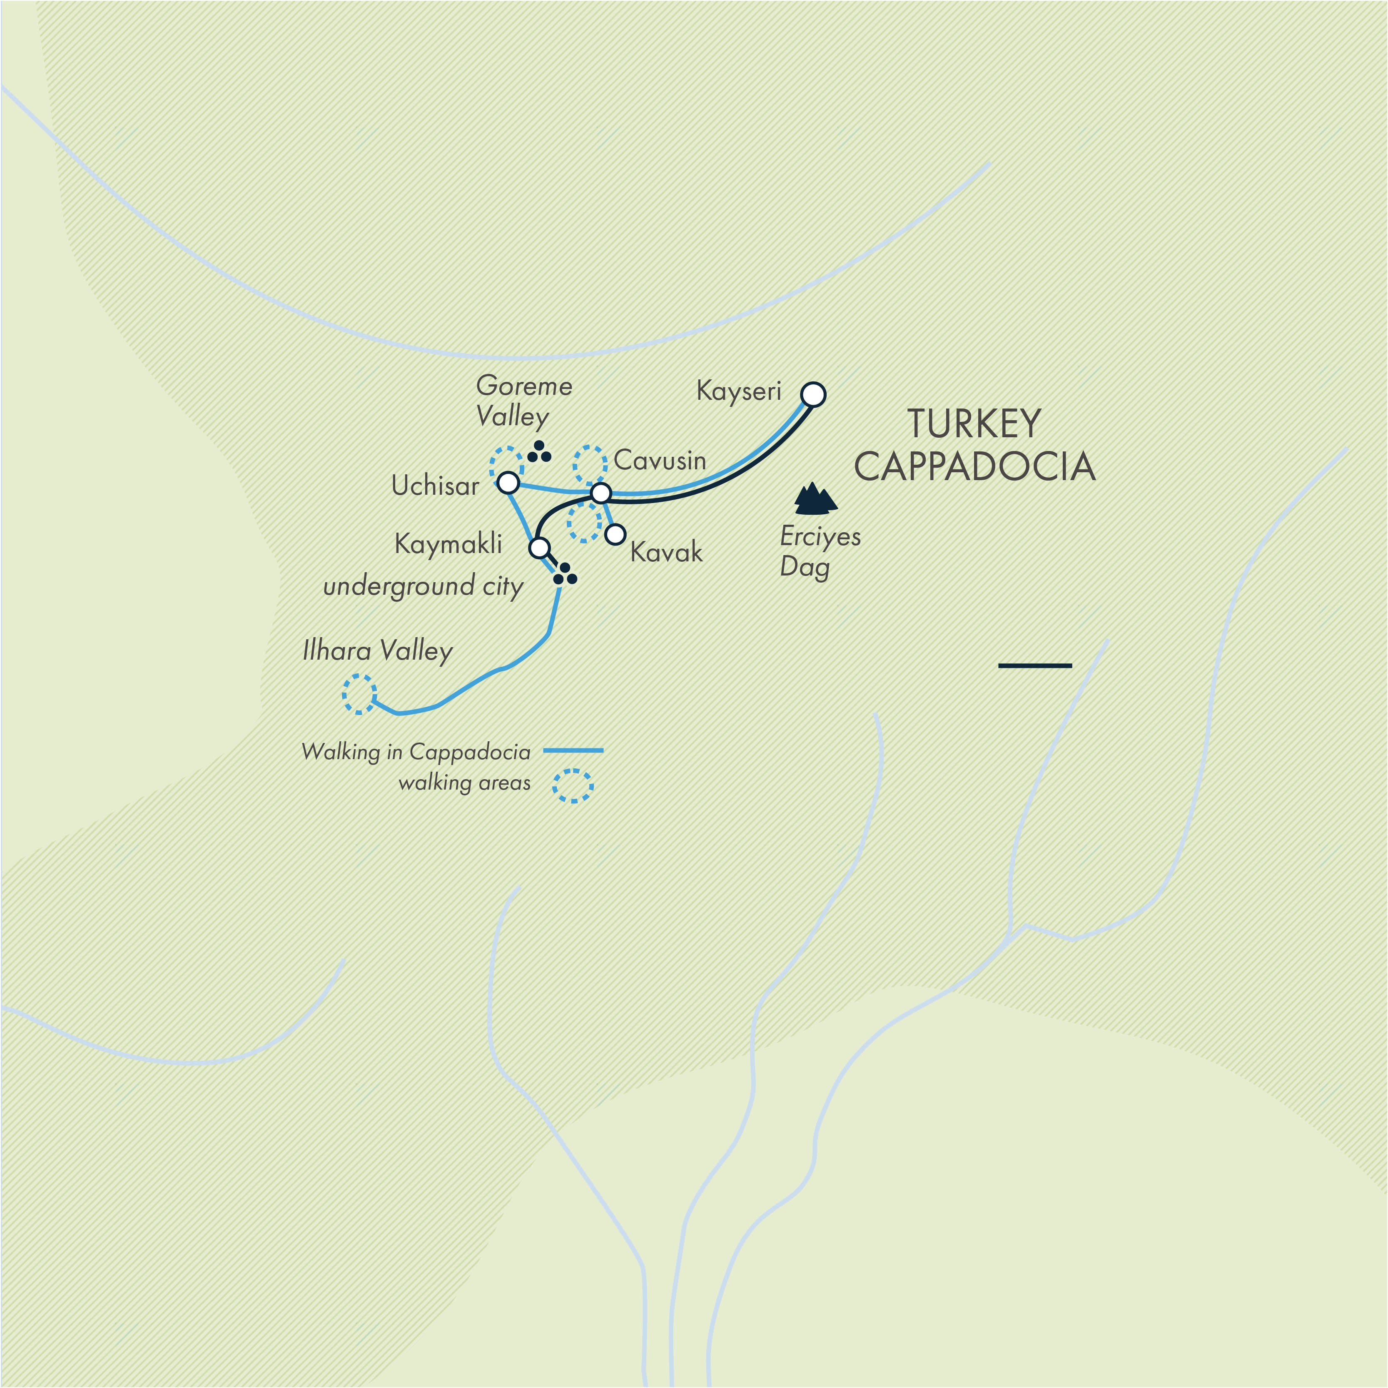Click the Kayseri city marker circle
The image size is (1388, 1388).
(813, 394)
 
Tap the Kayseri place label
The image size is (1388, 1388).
(738, 391)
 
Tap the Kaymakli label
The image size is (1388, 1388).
(448, 544)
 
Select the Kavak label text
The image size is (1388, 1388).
(666, 553)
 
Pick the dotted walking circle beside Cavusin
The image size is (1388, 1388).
(590, 464)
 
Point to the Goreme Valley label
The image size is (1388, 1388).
(524, 401)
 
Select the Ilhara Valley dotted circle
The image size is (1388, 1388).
(359, 694)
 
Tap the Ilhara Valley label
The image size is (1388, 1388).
(378, 651)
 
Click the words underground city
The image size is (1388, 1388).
(423, 586)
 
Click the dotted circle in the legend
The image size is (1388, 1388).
(573, 786)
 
